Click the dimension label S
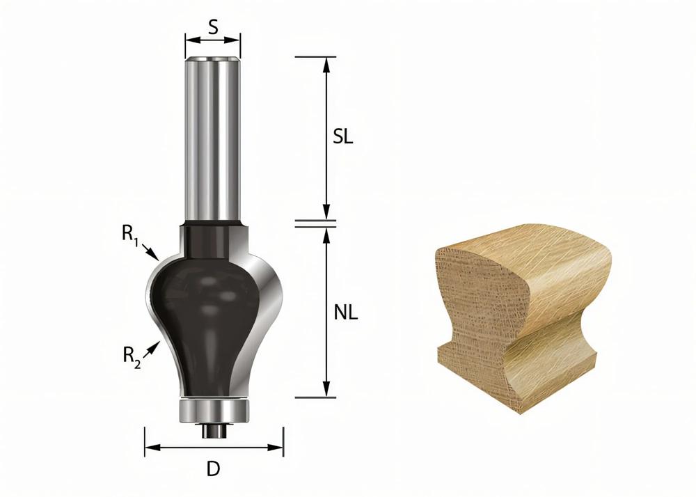[x=213, y=28]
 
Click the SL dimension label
[x=342, y=136]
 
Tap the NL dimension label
[x=345, y=313]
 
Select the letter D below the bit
[x=213, y=469]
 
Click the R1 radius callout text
[x=129, y=235]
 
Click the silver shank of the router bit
[x=212, y=139]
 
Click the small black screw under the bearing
[x=213, y=429]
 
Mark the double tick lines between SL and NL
[x=315, y=223]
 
